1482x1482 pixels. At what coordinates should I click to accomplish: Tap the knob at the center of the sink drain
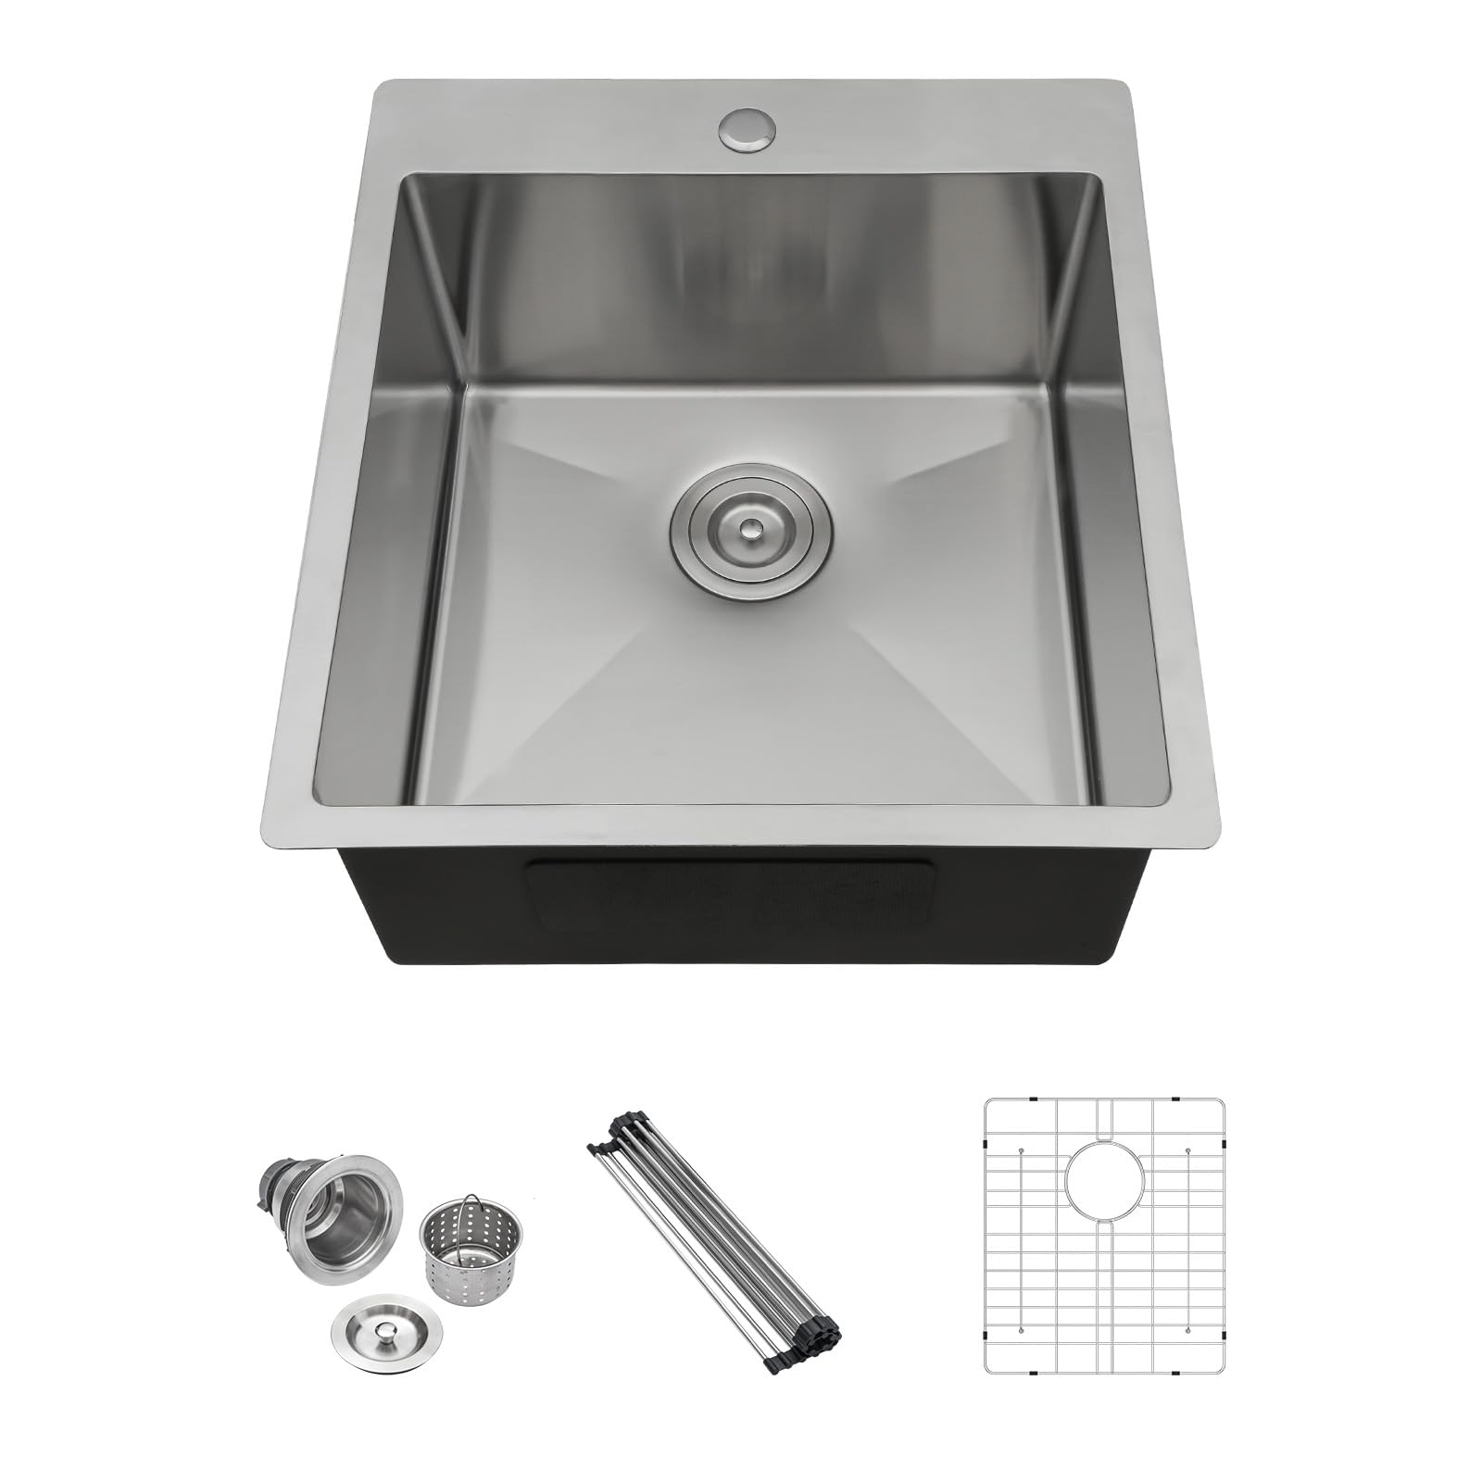(751, 527)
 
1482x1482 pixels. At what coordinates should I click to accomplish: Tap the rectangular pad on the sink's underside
(732, 893)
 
